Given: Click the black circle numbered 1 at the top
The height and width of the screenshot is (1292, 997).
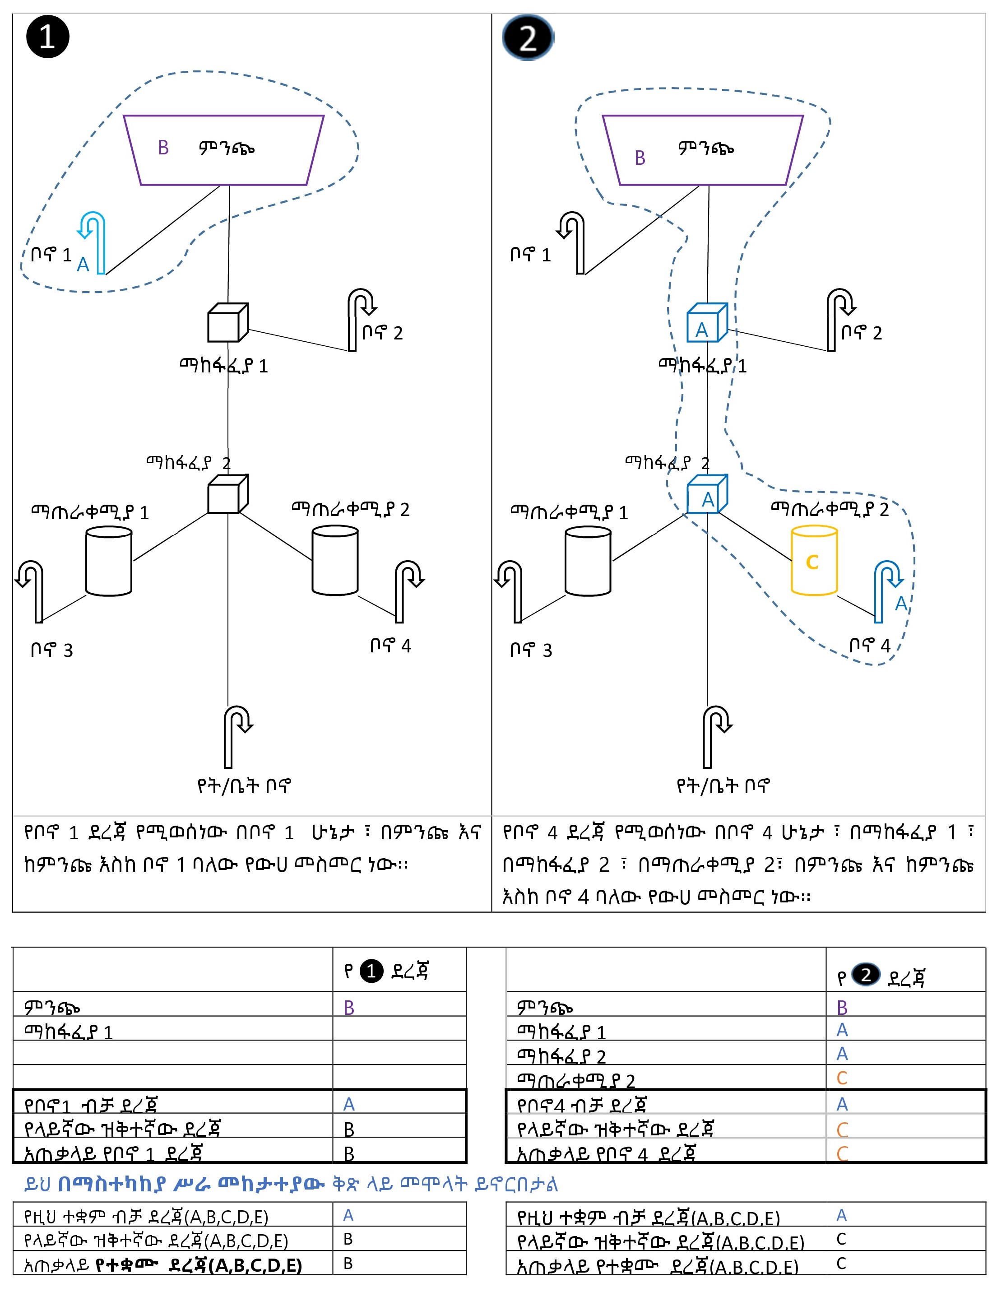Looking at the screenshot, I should (x=47, y=37).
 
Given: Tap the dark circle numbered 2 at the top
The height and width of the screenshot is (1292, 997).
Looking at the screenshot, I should (x=528, y=38).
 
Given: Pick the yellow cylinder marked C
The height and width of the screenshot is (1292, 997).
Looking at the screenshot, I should (x=814, y=560).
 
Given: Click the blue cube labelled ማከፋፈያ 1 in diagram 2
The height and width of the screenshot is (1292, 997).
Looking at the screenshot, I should (x=706, y=324).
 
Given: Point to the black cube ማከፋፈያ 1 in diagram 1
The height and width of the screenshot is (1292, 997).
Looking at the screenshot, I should (x=227, y=323).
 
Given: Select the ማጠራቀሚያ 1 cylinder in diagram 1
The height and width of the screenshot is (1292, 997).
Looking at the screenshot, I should (x=109, y=560).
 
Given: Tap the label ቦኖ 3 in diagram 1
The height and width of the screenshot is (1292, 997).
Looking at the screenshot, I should (x=51, y=650).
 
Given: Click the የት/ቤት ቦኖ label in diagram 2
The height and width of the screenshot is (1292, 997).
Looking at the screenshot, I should (x=723, y=785).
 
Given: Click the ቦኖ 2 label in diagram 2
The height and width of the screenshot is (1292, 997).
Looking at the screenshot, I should (x=862, y=333).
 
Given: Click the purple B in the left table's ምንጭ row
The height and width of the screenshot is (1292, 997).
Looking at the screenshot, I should (x=349, y=1008).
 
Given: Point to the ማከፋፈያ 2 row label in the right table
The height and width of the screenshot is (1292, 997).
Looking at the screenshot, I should (x=561, y=1056).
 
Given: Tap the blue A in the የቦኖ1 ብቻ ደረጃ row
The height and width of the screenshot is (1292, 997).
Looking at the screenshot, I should (x=349, y=1104).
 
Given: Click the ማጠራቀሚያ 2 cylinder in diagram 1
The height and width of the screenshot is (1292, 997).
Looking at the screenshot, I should (x=335, y=560).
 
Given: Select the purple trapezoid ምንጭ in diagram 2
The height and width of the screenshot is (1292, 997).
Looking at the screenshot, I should (x=703, y=150).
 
